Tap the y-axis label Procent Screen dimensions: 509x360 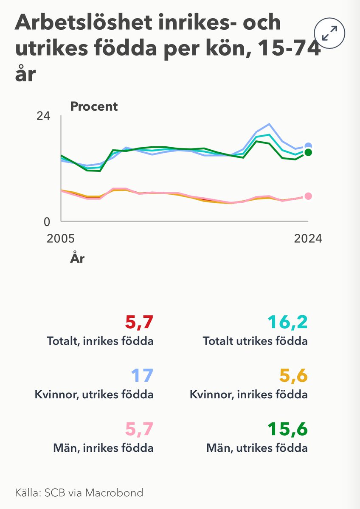click(x=94, y=106)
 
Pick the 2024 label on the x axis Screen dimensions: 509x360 click(x=308, y=238)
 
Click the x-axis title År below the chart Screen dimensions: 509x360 click(x=77, y=258)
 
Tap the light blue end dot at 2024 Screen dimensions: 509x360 click(x=309, y=146)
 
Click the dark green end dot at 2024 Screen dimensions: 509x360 click(x=309, y=152)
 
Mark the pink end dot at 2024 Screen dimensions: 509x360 click(x=309, y=196)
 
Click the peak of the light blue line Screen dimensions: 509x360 click(x=269, y=124)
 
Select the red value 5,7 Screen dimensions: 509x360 click(x=139, y=323)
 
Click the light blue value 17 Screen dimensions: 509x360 click(x=142, y=376)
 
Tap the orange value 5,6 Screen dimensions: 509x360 click(x=293, y=376)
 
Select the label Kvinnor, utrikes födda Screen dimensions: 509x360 click(x=94, y=394)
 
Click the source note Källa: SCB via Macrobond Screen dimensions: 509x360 click(x=79, y=493)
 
